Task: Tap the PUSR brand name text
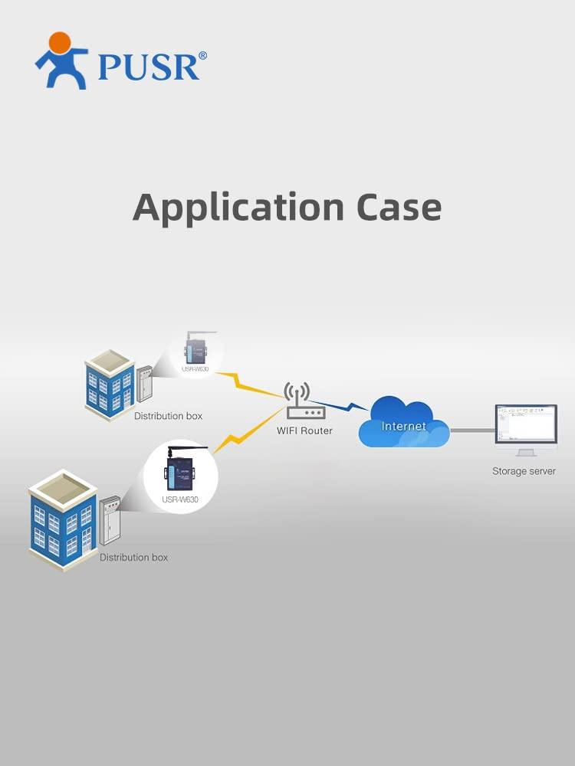147,67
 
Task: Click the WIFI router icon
304,403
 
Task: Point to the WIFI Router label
304,430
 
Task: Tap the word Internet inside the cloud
403,426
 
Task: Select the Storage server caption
524,471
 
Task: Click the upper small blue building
110,385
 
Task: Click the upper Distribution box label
168,416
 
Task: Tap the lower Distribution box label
133,557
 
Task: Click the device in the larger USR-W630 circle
180,469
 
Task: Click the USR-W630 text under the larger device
180,500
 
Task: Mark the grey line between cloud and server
471,430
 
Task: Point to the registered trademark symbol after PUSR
202,56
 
